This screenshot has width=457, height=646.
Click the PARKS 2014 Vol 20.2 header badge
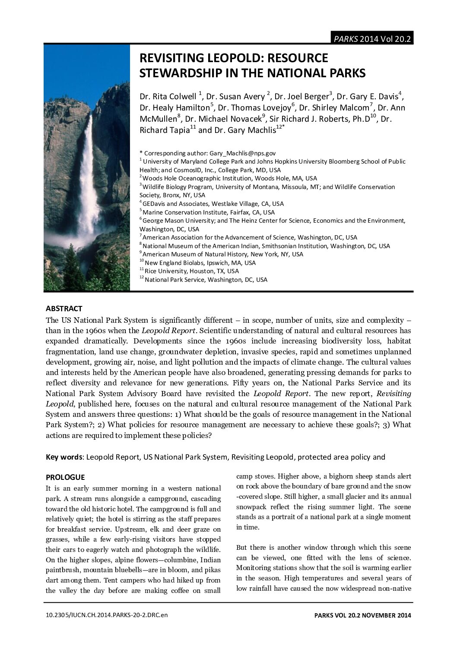pyautogui.click(x=371, y=39)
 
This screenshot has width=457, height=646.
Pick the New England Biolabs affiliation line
pyautogui.click(x=200, y=263)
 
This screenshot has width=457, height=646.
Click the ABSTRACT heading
pyautogui.click(x=64, y=309)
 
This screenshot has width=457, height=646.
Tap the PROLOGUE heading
pyautogui.click(x=65, y=477)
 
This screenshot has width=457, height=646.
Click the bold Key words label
pyautogui.click(x=65, y=457)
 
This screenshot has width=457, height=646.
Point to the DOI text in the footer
pyautogui.click(x=106, y=615)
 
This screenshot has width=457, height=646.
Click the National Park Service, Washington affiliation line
pyautogui.click(x=206, y=280)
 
